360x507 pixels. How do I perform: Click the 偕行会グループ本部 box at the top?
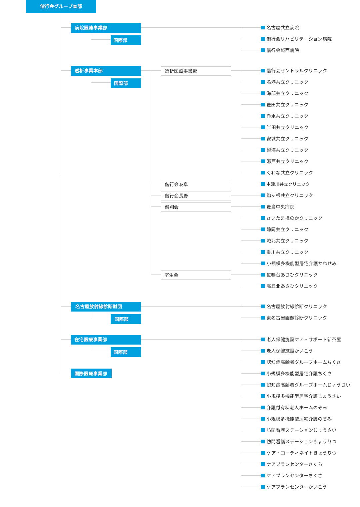(61, 6)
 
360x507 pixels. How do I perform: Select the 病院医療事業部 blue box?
(106, 28)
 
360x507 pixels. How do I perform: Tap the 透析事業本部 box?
(106, 71)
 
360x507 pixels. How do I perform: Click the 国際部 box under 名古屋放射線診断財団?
(126, 319)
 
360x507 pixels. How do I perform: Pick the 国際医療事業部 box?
(91, 373)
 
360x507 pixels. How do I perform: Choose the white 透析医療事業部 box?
(196, 71)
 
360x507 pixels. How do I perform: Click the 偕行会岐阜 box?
(196, 184)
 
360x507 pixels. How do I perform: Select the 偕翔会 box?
(196, 207)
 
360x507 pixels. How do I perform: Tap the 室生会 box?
(196, 275)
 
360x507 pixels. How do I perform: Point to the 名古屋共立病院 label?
(283, 28)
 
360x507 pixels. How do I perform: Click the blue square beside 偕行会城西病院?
(263, 50)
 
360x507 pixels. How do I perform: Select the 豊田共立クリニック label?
(287, 105)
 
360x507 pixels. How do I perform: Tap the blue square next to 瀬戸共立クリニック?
(263, 161)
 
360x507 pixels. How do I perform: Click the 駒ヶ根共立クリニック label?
(290, 195)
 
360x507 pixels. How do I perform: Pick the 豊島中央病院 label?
(280, 207)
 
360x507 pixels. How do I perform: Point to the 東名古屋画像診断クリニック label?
(297, 318)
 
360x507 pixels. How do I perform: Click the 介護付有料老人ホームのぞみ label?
(297, 407)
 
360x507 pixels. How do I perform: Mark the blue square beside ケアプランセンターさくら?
(263, 464)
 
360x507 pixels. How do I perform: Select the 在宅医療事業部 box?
(106, 340)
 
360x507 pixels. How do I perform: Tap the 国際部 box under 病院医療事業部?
(126, 40)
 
